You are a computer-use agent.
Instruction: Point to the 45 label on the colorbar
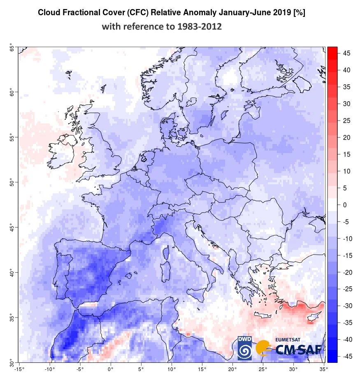(x=346, y=53)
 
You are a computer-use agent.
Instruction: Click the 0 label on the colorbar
(x=345, y=205)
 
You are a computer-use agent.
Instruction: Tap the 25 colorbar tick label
(x=346, y=121)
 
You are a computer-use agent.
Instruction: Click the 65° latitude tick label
(x=11, y=48)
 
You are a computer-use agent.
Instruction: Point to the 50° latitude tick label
(x=11, y=182)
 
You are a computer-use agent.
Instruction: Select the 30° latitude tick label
(x=11, y=362)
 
